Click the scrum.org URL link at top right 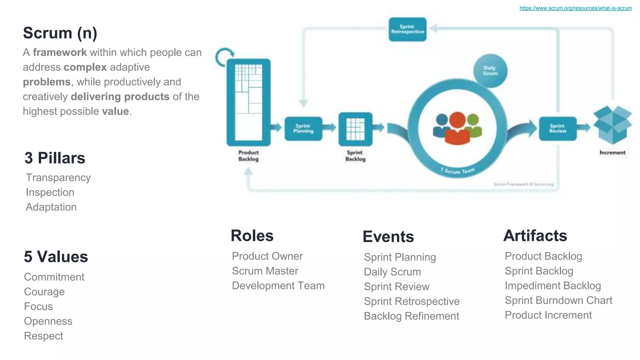pos(575,8)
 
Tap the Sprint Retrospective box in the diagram pos(407,29)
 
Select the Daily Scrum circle pos(490,71)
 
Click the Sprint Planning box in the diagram pos(303,128)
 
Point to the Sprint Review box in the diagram pos(557,128)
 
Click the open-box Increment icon pos(612,125)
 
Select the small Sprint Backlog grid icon pos(355,129)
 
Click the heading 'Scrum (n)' pos(60,33)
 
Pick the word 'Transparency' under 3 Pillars pos(58,177)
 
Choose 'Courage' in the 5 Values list pos(44,292)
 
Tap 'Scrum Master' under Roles pos(265,271)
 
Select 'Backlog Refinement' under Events pos(411,316)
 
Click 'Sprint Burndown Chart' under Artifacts pos(558,300)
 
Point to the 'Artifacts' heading pos(535,236)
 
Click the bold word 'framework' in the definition pos(60,52)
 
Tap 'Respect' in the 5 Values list pos(43,336)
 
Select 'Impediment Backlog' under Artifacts pos(552,286)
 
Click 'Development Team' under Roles pos(278,286)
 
